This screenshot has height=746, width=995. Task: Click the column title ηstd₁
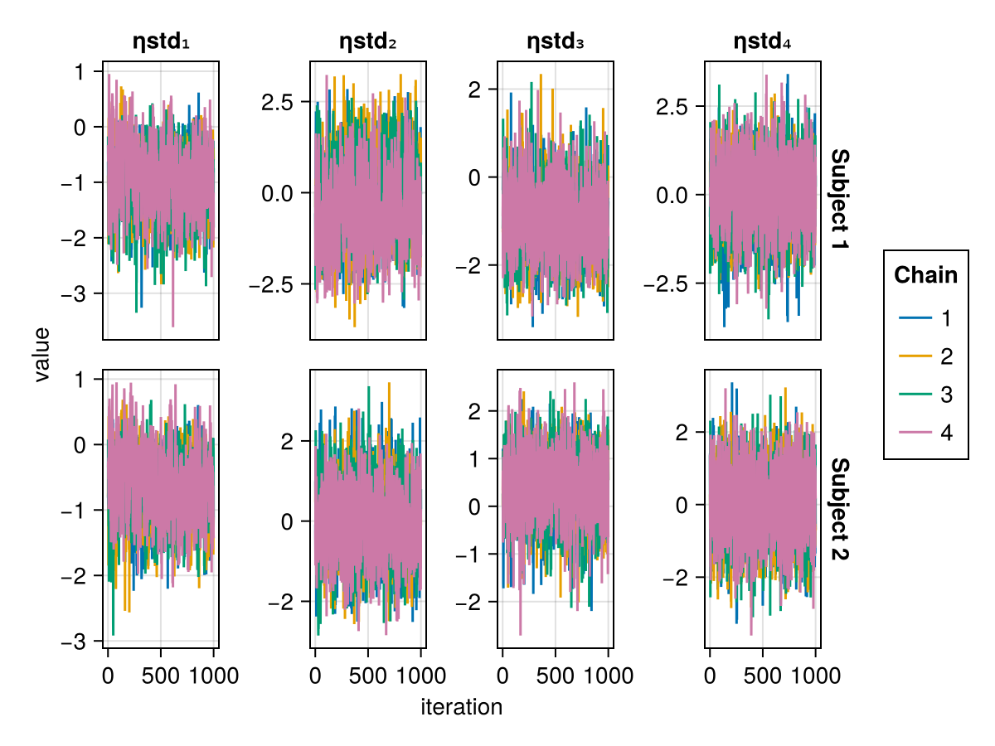pos(161,41)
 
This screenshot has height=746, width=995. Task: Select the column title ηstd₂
pos(368,41)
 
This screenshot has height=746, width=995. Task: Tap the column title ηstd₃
pos(556,41)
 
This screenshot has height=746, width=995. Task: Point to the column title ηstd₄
pos(763,41)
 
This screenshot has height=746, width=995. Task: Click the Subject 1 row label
pos(839,201)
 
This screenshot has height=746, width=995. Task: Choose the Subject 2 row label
pos(839,509)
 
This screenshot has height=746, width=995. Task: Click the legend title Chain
pos(925,275)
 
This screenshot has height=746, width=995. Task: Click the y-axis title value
pos(42,354)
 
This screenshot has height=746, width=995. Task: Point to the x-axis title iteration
pos(461,707)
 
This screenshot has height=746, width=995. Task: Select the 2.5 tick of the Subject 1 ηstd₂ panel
pos(278,102)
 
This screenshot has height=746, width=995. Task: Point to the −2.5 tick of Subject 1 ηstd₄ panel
pos(671,283)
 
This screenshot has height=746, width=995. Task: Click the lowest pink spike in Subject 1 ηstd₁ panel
pos(173,326)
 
